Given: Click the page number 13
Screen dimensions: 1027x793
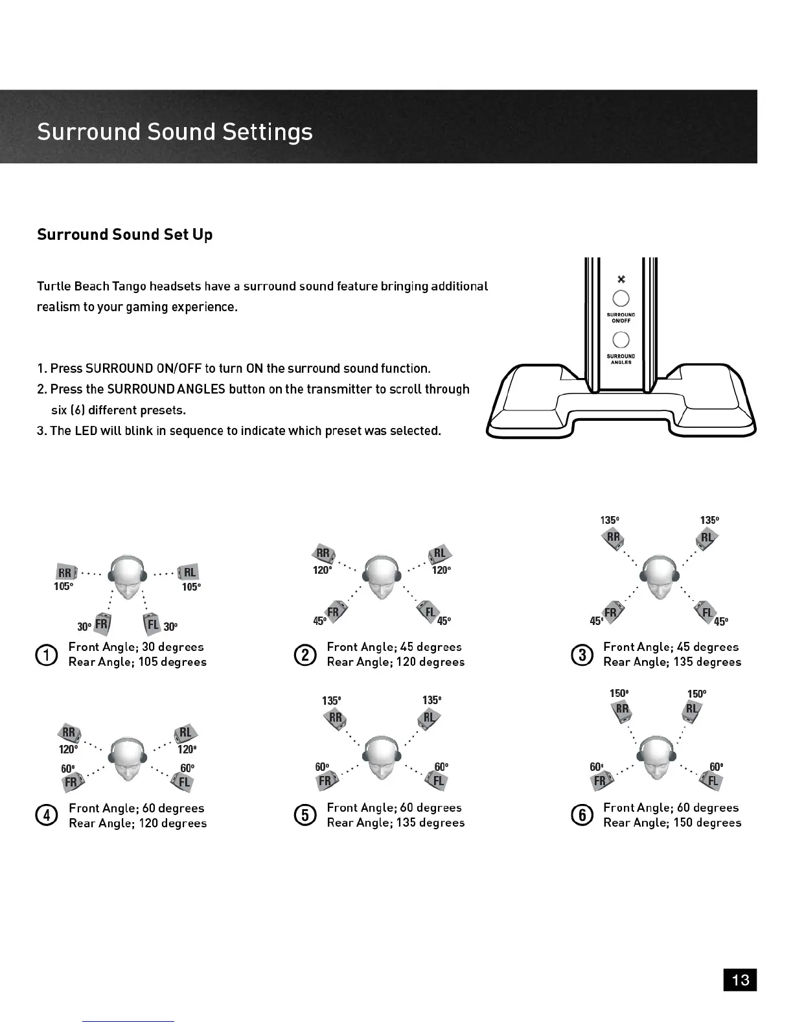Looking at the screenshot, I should [740, 980].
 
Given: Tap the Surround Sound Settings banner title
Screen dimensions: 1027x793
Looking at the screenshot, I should [175, 132].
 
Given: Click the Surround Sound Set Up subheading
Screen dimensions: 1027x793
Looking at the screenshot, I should [124, 235].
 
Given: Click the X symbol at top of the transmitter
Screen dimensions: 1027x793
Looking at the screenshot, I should [621, 279].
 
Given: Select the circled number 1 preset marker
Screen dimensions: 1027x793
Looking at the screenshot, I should [46, 655].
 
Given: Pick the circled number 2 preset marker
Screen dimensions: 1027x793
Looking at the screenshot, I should [305, 655].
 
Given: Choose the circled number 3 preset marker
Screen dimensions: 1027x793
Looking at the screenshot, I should [582, 655].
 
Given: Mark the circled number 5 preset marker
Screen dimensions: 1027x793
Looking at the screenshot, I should [305, 815].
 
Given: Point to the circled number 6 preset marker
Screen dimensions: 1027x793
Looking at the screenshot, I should [582, 815].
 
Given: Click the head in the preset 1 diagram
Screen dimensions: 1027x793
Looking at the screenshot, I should [127, 577].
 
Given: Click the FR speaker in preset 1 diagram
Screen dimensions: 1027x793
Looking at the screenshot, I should [102, 624].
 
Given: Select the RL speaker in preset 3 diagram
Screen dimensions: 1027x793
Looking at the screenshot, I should [706, 538].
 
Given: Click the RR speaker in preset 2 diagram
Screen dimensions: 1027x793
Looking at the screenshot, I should [323, 554].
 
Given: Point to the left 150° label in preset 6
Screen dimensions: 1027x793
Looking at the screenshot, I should [619, 694].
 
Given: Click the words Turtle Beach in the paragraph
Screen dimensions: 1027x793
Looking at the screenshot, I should [73, 287].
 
